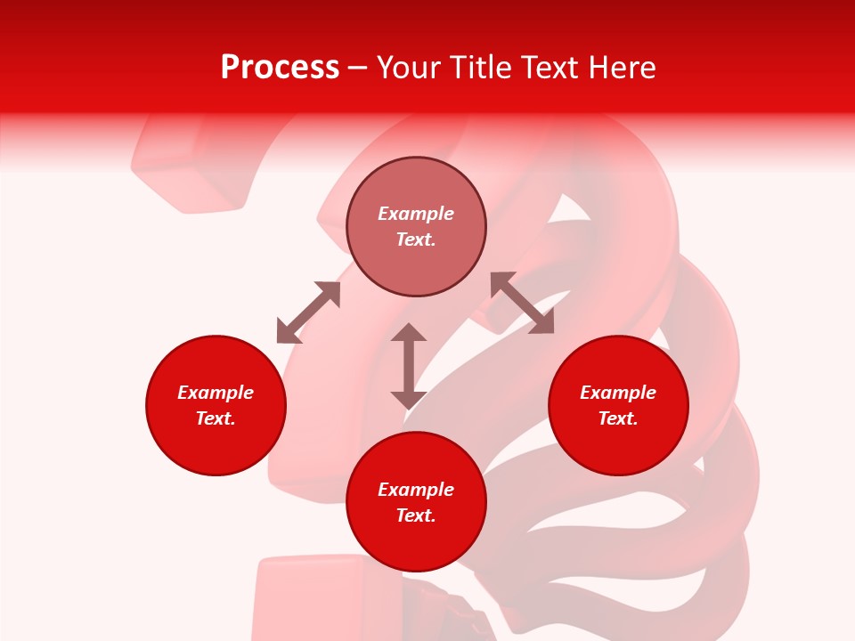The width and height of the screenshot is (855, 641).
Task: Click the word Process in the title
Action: tap(280, 68)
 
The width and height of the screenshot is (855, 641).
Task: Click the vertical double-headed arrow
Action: tap(409, 366)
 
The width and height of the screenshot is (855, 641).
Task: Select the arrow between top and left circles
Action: tap(308, 312)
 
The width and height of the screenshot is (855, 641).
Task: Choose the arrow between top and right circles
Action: tap(522, 303)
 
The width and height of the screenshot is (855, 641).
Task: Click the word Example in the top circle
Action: tap(416, 214)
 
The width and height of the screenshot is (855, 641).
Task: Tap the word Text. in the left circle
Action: tap(216, 418)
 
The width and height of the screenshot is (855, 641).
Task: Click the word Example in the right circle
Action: tap(618, 393)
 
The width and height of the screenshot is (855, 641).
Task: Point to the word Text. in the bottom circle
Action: tap(416, 515)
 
